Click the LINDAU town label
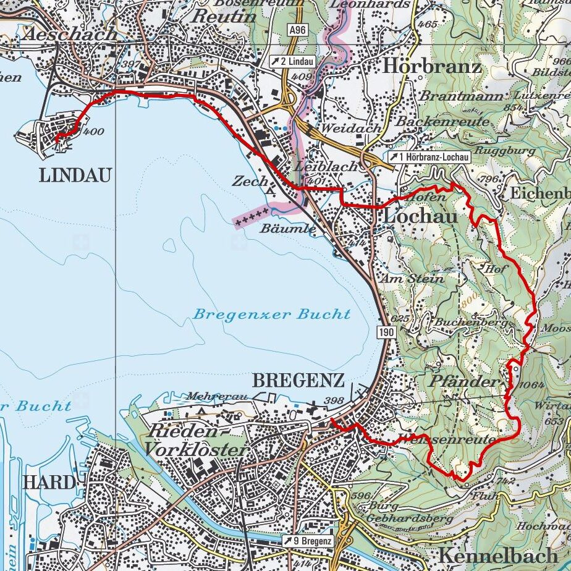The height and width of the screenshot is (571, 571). [x=75, y=176]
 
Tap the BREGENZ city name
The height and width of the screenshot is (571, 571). [x=298, y=381]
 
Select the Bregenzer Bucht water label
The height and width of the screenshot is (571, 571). [x=272, y=314]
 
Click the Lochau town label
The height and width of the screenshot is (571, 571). [x=421, y=216]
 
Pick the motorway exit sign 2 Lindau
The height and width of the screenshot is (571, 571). [x=292, y=62]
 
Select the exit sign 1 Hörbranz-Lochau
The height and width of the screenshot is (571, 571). [x=429, y=158]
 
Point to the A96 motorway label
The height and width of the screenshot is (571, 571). [x=298, y=30]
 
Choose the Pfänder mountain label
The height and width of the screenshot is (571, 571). [x=462, y=381]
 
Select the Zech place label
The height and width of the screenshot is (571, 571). [x=250, y=181]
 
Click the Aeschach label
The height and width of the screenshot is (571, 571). [x=69, y=33]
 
